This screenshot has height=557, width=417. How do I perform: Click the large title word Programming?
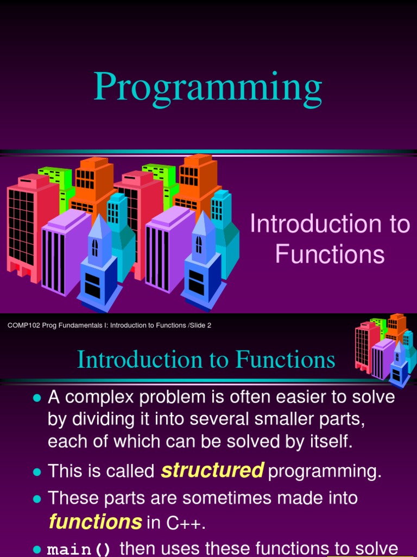(x=208, y=88)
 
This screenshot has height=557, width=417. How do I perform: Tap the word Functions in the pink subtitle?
(x=330, y=255)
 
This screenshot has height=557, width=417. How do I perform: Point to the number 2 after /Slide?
(x=209, y=325)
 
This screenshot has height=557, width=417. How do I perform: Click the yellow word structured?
(x=212, y=471)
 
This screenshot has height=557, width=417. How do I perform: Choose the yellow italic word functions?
(x=96, y=523)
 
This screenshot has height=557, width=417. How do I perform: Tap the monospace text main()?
(x=79, y=549)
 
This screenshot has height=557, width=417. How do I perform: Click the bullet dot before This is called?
(x=37, y=472)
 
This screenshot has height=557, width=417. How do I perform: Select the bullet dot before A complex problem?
(x=37, y=398)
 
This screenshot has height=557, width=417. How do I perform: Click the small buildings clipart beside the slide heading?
(x=386, y=348)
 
